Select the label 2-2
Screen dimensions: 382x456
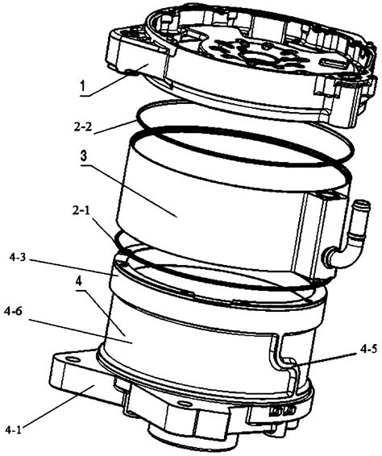click(83, 126)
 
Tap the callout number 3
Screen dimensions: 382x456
click(84, 156)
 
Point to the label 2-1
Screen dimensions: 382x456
click(81, 211)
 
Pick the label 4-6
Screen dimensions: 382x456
click(15, 312)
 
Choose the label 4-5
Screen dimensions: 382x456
click(369, 350)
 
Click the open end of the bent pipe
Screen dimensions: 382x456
click(361, 204)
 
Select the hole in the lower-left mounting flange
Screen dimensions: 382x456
click(73, 360)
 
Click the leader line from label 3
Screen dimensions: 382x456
click(129, 191)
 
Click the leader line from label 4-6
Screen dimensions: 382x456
click(81, 332)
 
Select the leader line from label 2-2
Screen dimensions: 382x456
click(114, 127)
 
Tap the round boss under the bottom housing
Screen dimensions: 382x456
click(192, 441)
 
